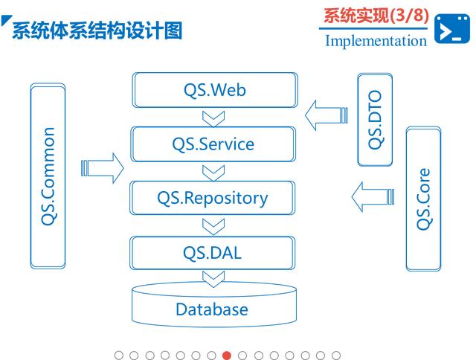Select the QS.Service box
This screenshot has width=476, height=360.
point(213,144)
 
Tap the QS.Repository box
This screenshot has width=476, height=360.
point(213,198)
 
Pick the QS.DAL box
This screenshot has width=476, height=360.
point(213,252)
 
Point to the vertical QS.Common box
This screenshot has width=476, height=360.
point(48,176)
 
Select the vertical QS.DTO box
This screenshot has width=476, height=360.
point(376,120)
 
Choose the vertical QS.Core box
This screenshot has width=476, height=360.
point(424,198)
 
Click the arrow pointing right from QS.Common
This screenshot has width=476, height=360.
point(102,168)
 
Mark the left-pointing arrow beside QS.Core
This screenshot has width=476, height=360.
point(372,198)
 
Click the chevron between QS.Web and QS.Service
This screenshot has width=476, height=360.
point(213,118)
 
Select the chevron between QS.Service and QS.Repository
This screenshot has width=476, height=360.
point(213,171)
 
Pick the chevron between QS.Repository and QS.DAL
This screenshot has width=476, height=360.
point(213,225)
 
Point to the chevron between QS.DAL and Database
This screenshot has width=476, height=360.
point(213,279)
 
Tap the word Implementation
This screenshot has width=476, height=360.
point(376,40)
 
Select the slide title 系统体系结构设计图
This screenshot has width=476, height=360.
point(97,30)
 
